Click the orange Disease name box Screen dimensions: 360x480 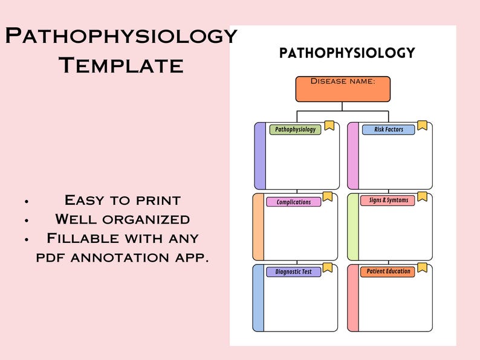[343, 88]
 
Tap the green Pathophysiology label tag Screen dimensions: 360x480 [295, 129]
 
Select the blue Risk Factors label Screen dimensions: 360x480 [388, 129]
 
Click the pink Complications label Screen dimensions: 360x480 [293, 202]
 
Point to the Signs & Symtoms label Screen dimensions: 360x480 [388, 200]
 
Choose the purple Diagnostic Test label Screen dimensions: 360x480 [293, 272]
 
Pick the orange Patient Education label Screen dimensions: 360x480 [388, 271]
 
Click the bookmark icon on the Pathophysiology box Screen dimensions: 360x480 [329, 125]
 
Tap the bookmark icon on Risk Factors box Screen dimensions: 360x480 [422, 125]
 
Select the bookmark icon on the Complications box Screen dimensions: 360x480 [327, 196]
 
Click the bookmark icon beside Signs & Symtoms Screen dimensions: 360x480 [422, 196]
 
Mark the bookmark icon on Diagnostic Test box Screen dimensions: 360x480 [327, 267]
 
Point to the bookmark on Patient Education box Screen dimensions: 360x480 [422, 267]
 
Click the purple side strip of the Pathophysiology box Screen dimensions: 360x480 [260, 156]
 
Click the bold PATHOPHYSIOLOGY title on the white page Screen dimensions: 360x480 [347, 53]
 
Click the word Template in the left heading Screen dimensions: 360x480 [121, 65]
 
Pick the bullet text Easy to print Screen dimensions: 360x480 [122, 200]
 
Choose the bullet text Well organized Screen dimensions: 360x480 [122, 219]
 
